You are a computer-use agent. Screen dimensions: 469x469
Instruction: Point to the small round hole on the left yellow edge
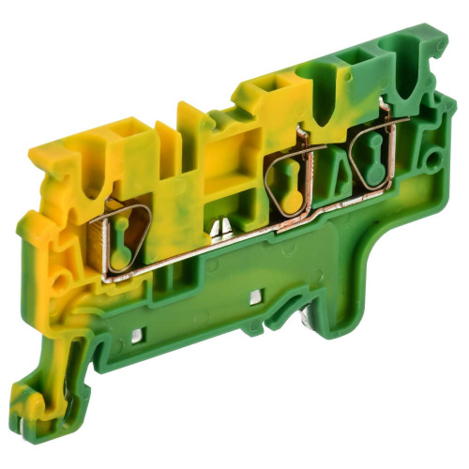[60, 280]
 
